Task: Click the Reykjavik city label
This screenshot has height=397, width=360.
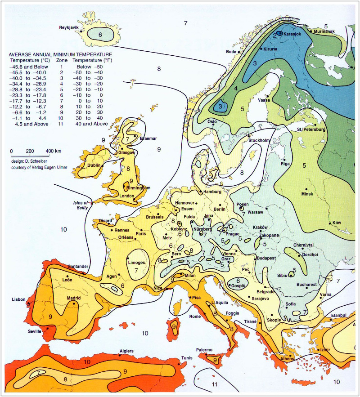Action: (69, 28)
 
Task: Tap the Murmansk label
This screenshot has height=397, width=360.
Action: (336, 31)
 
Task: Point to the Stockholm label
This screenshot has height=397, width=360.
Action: (259, 140)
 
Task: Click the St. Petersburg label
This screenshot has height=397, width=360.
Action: (311, 130)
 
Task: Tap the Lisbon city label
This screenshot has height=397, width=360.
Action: (19, 299)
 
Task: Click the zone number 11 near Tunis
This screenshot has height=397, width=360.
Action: (215, 384)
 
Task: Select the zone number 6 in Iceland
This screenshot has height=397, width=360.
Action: (100, 34)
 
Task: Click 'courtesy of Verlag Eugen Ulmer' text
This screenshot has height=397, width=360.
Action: (41, 167)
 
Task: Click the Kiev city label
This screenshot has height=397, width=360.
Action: (337, 223)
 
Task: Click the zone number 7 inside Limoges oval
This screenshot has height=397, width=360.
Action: (135, 270)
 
